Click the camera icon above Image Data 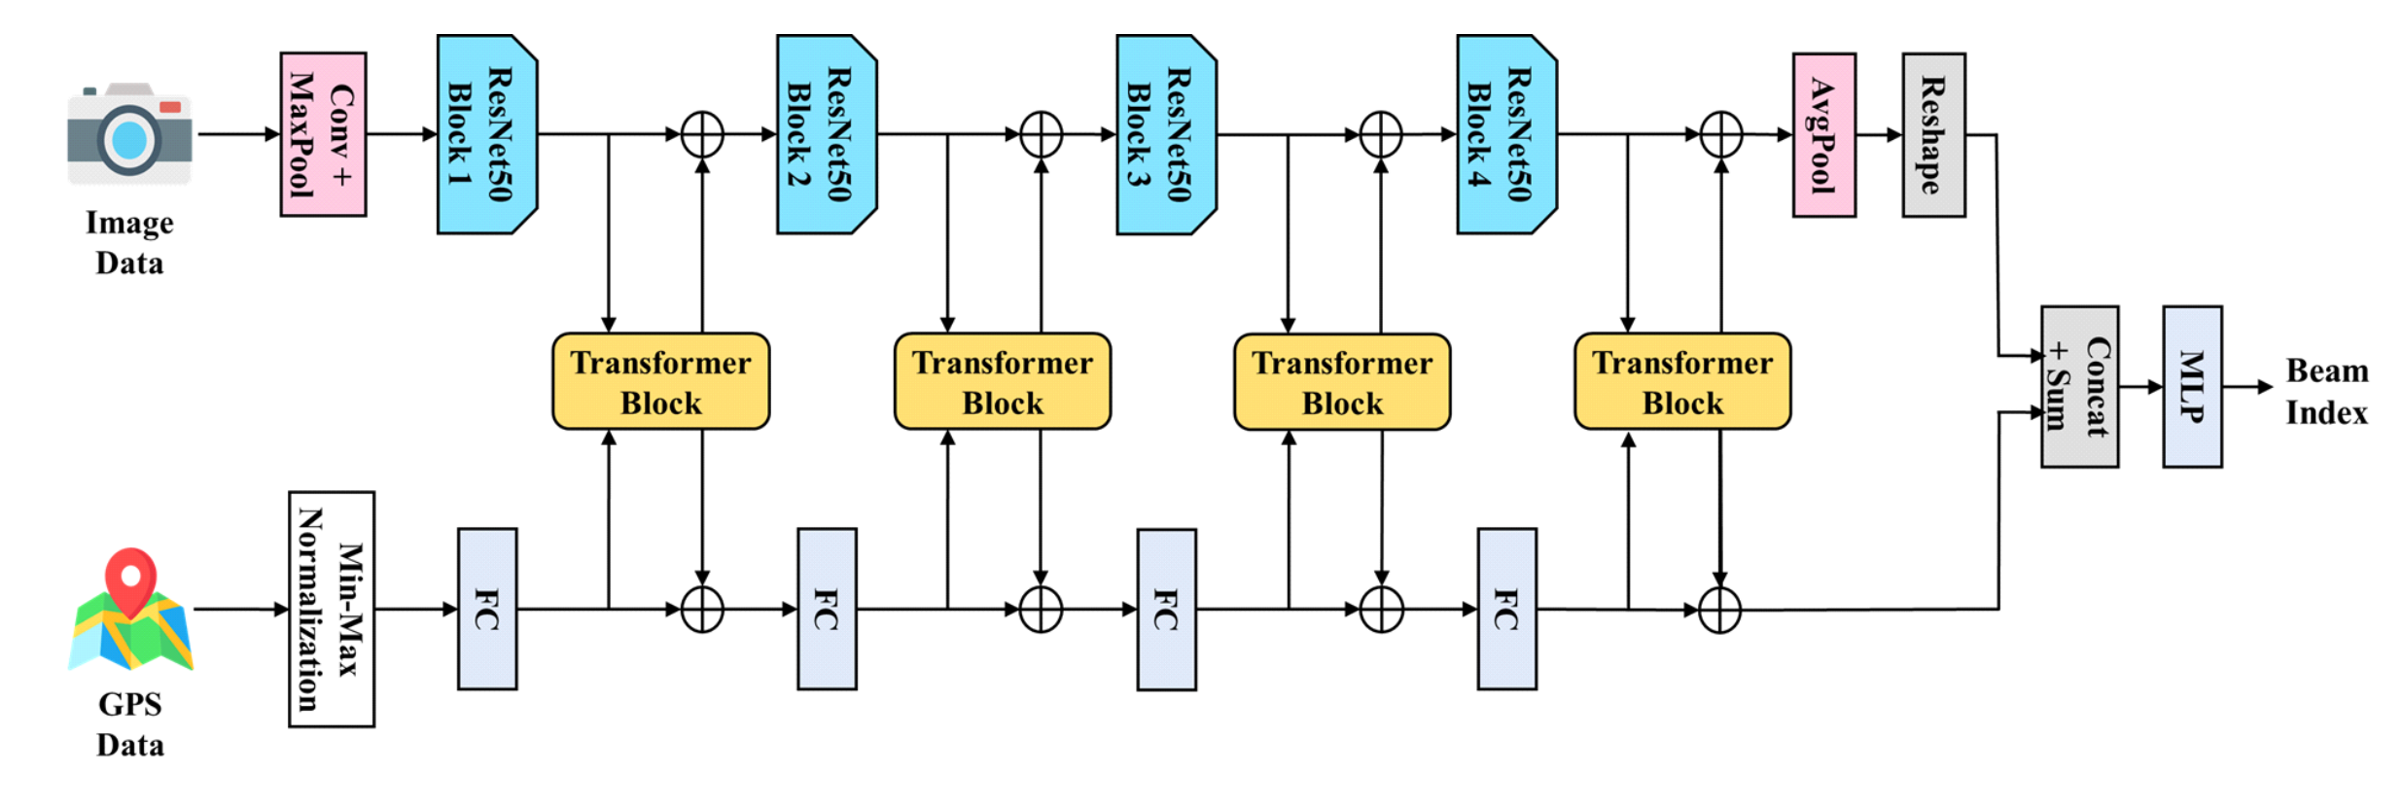click(x=129, y=134)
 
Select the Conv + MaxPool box click(x=323, y=134)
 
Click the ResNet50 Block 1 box click(x=486, y=134)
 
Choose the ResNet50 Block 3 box click(x=1165, y=134)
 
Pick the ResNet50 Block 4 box click(x=1505, y=134)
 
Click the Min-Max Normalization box click(x=332, y=609)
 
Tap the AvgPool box click(x=1823, y=134)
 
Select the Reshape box click(x=1933, y=134)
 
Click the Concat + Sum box click(x=2079, y=387)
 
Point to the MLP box click(x=2192, y=387)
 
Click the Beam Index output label click(x=2326, y=391)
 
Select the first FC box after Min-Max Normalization click(x=487, y=609)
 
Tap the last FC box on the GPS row click(x=1506, y=609)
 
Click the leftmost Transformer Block click(x=660, y=381)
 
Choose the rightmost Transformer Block click(x=1682, y=381)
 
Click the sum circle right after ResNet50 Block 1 click(x=702, y=134)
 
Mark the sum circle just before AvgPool click(x=1720, y=134)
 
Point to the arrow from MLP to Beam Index click(x=2246, y=387)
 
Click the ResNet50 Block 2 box click(x=826, y=134)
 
